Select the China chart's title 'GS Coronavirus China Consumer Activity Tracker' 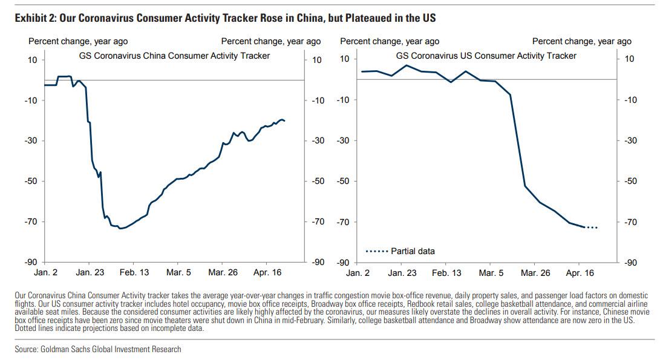click(x=175, y=56)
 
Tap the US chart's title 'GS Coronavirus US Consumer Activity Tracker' click(x=486, y=56)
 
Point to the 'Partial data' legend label click(x=413, y=251)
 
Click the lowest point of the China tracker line click(x=120, y=228)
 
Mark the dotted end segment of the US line click(x=591, y=227)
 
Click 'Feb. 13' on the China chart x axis click(x=134, y=273)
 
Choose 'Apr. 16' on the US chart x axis click(x=580, y=273)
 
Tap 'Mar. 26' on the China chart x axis click(x=223, y=273)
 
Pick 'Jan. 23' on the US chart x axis click(x=402, y=273)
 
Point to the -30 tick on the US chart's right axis click(x=630, y=140)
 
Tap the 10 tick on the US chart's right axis click(x=629, y=59)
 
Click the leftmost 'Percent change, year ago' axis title click(x=78, y=41)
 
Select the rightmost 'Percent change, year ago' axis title click(x=581, y=41)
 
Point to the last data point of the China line click(x=284, y=121)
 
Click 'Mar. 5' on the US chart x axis click(x=491, y=273)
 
